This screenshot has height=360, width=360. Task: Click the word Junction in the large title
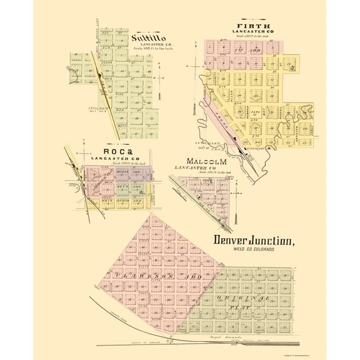click(x=272, y=240)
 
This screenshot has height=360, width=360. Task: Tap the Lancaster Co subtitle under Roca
click(x=112, y=159)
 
